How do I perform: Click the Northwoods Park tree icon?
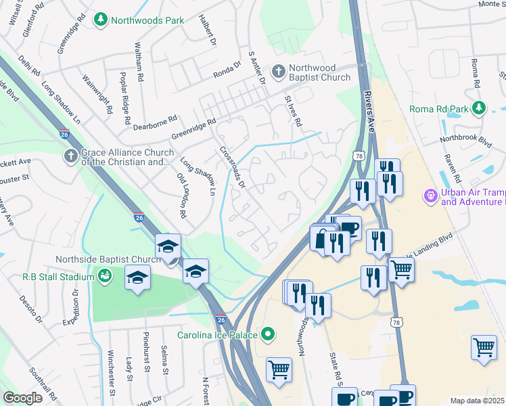click(x=101, y=20)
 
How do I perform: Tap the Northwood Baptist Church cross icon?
click(x=278, y=72)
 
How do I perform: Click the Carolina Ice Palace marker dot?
click(x=269, y=334)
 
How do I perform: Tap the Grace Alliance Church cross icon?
click(x=71, y=157)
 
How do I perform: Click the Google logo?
click(x=23, y=398)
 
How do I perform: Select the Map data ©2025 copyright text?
click(x=477, y=401)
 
